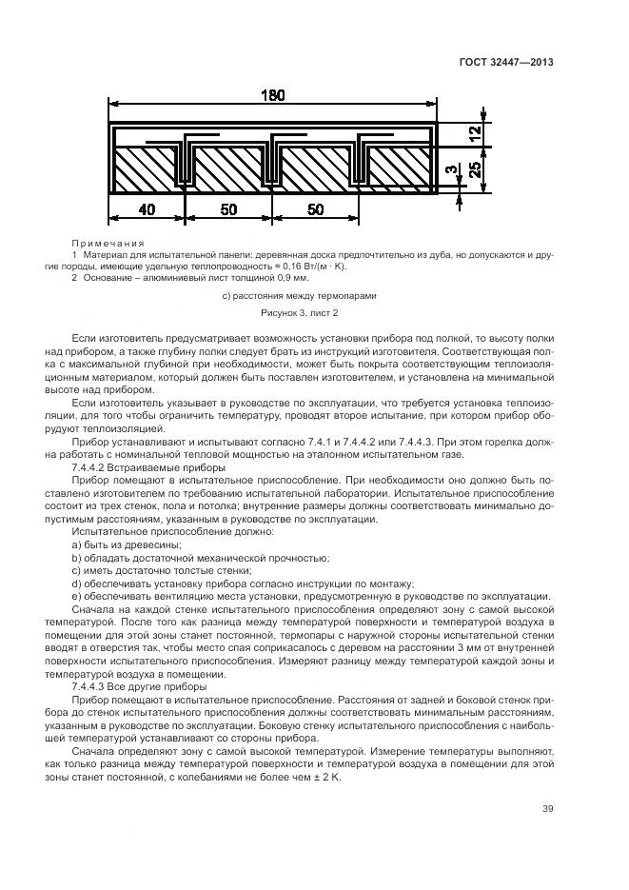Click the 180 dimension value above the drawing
[272, 95]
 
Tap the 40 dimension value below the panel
[147, 209]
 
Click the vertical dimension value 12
[473, 135]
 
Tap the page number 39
[547, 809]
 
